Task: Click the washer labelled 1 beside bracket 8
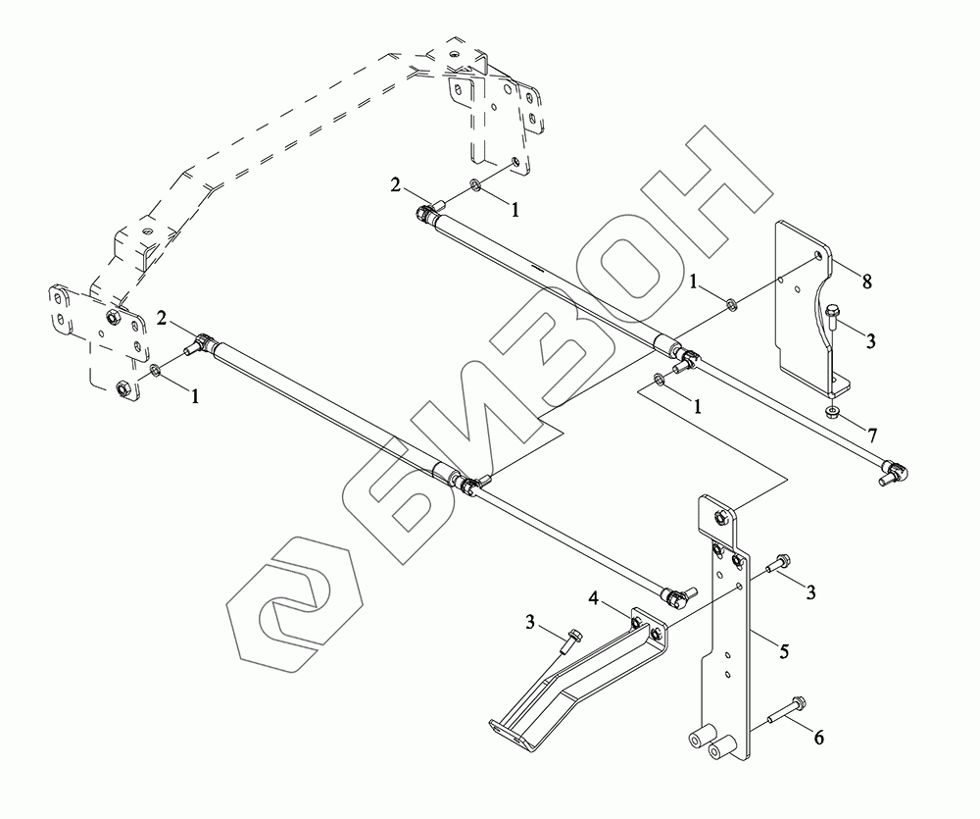732,300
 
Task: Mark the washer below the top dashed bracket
474,183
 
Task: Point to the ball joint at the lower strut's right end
677,593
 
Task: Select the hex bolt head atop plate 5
720,516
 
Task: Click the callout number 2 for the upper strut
395,184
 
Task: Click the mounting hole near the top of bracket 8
818,258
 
